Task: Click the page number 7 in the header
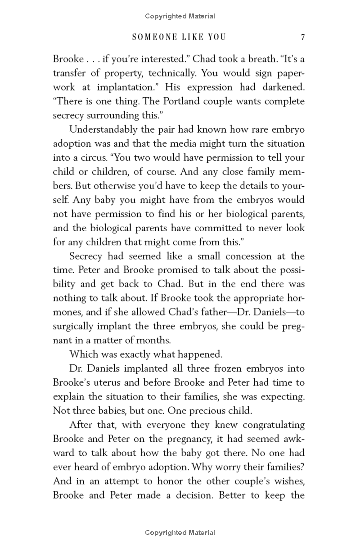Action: click(303, 37)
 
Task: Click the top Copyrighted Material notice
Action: click(180, 16)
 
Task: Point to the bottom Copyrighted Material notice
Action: click(180, 533)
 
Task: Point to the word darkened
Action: click(283, 87)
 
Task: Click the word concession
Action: click(233, 256)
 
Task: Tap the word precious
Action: click(211, 410)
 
